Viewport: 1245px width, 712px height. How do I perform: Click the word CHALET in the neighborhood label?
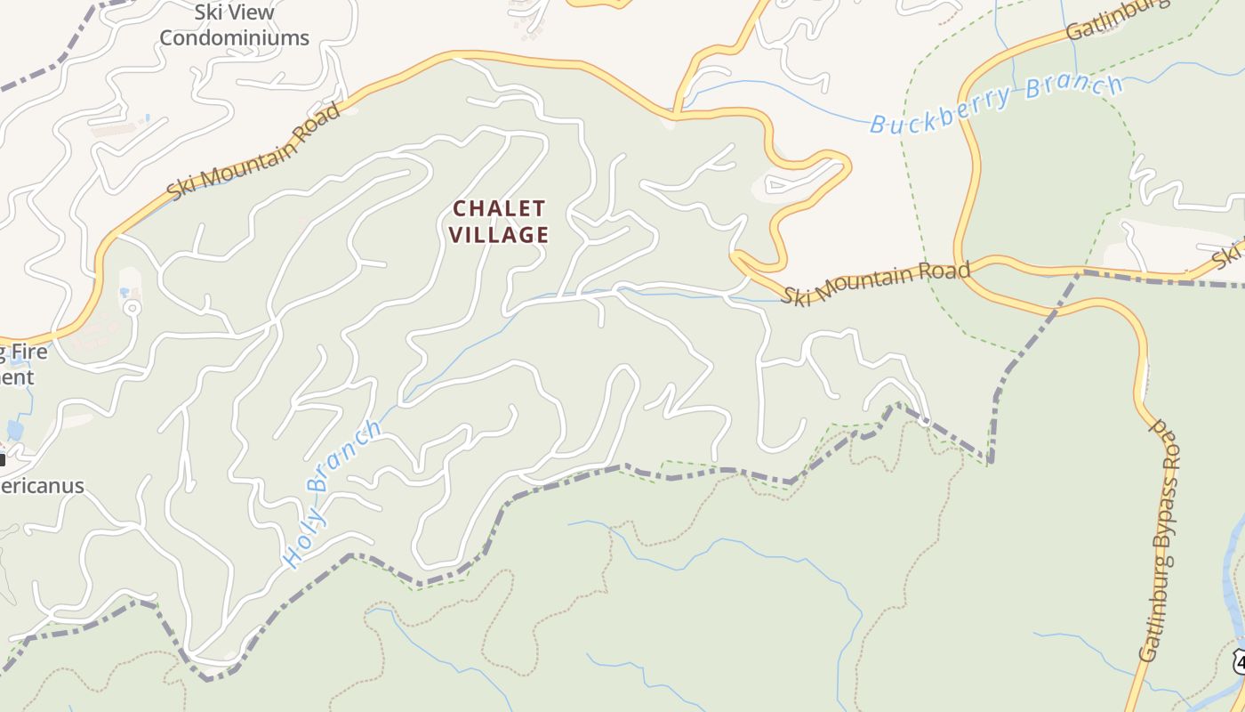point(498,208)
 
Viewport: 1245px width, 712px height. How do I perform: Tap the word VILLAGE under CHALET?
point(498,235)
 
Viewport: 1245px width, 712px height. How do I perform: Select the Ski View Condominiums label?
point(234,26)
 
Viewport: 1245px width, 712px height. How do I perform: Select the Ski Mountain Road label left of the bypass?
point(875,282)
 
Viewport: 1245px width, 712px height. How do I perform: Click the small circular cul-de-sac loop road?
point(132,309)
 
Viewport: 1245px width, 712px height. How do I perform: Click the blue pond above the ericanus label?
point(15,430)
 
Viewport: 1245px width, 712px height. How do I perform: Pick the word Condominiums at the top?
point(234,37)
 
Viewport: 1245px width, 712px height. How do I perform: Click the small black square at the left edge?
point(3,460)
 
